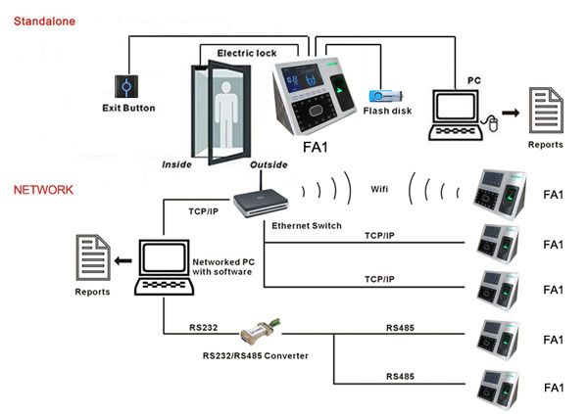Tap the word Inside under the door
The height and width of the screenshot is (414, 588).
tap(176, 164)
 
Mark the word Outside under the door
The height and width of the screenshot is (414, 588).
tap(269, 164)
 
